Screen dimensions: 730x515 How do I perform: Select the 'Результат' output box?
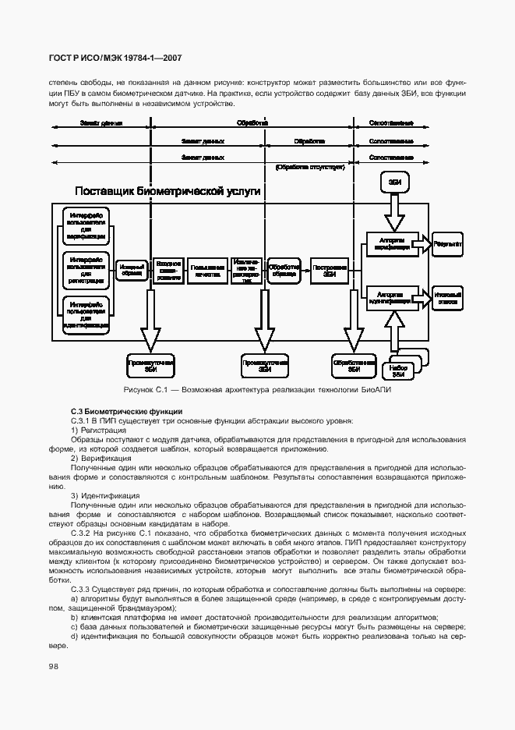tap(448, 244)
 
